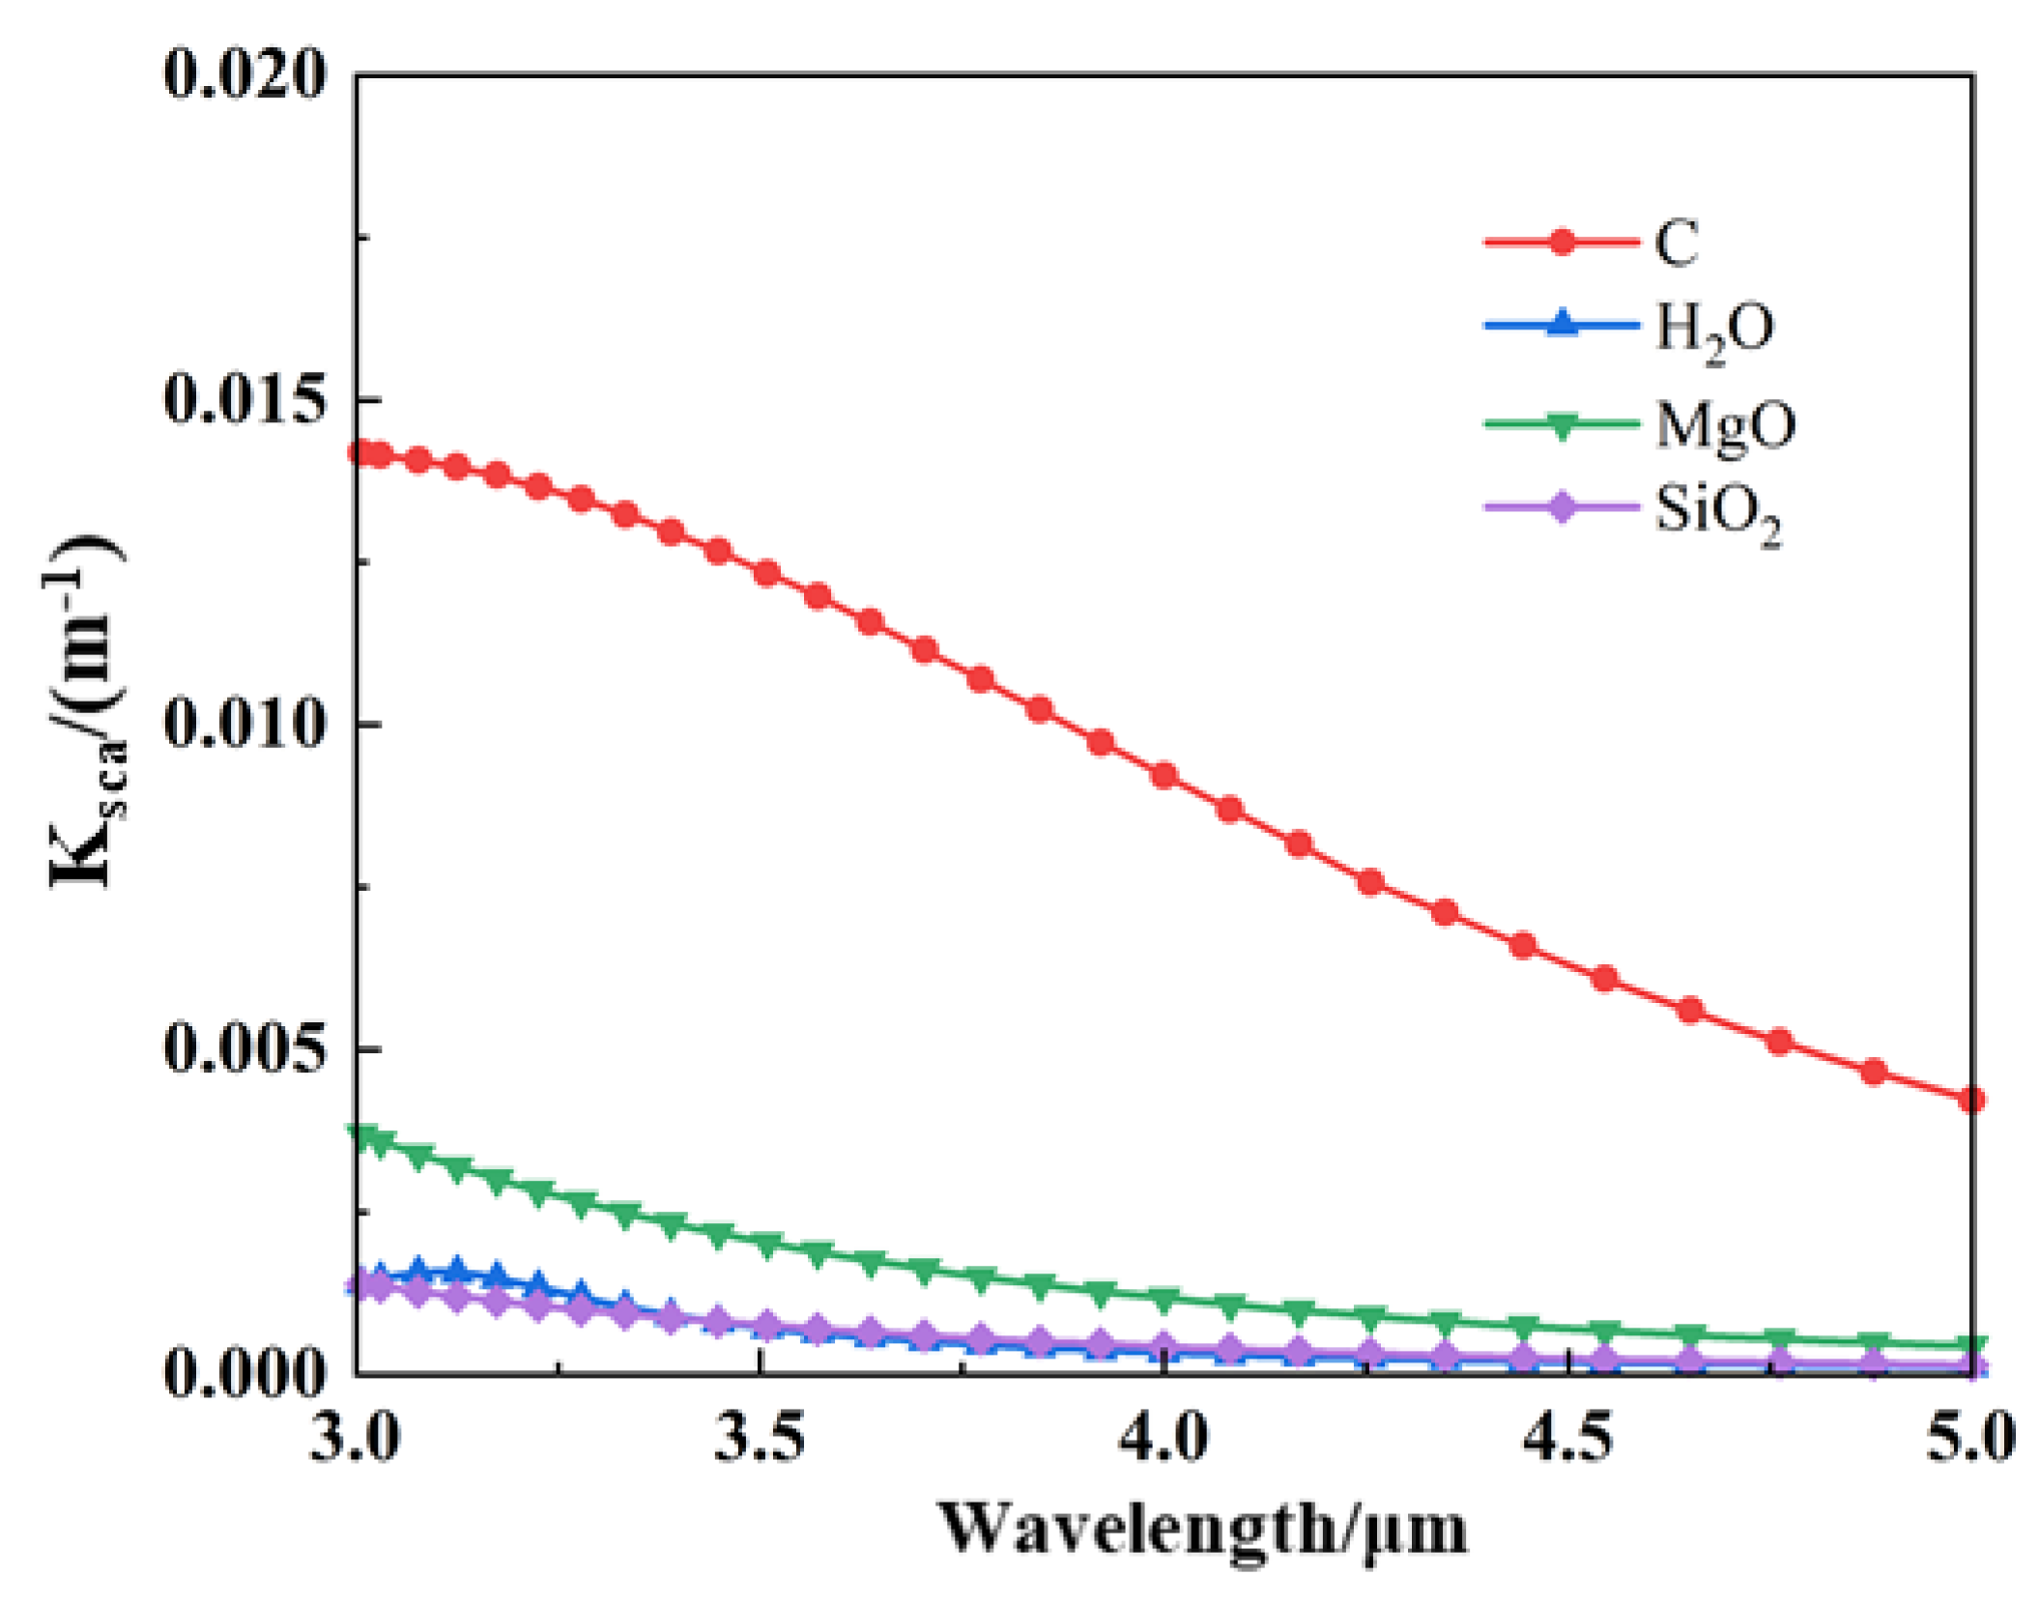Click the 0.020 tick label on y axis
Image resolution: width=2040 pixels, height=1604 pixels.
pos(244,75)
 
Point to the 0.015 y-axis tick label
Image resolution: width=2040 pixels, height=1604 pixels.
pos(244,399)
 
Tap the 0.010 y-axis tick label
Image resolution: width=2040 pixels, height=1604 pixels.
pos(244,724)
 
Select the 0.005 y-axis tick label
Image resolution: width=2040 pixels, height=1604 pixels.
pos(244,1048)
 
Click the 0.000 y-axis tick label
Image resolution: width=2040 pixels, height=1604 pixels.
pos(244,1373)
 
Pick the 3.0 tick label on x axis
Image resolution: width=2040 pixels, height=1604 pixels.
pos(355,1439)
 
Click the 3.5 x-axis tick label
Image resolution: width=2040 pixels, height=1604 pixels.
pos(760,1439)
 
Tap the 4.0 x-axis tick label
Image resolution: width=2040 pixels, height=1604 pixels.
pos(1164,1439)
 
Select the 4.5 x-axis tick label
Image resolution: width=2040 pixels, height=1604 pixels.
pos(1567,1439)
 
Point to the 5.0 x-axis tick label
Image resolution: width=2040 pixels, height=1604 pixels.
pos(1969,1439)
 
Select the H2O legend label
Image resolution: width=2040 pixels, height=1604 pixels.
pos(1714,330)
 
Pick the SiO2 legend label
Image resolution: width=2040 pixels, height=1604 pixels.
pos(1717,512)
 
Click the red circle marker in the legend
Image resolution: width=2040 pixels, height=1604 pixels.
pos(1562,241)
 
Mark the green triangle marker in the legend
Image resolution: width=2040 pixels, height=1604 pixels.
pos(1562,425)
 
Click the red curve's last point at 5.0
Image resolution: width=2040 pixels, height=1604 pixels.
pos(1971,1100)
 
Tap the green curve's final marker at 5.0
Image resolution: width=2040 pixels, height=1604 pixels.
pos(1971,1345)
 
